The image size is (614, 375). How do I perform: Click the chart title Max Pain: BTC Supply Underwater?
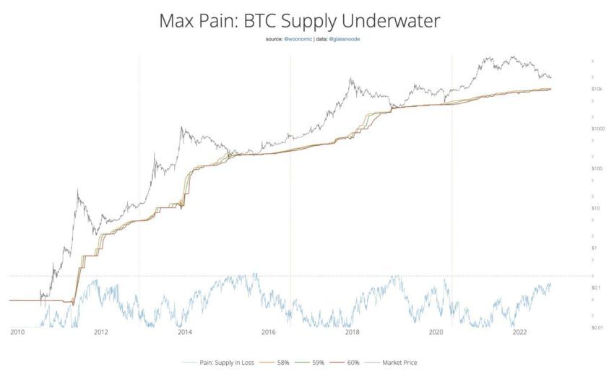299,22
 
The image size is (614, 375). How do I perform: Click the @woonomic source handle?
297,39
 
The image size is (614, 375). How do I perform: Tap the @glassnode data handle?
345,39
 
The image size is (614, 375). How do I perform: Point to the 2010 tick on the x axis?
17,333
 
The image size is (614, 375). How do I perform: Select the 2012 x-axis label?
100,333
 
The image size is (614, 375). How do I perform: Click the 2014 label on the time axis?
184,333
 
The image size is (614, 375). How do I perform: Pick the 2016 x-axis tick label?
268,333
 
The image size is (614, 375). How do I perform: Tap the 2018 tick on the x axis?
352,333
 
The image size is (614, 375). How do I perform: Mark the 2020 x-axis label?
436,333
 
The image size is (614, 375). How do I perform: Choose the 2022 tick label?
519,333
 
